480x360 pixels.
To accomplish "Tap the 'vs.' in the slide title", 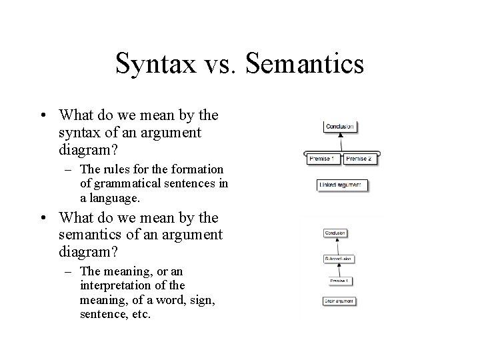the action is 226,65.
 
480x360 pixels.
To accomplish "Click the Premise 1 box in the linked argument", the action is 324,159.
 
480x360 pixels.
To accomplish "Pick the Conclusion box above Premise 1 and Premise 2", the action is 340,125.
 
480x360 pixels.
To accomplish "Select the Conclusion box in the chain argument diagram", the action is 335,233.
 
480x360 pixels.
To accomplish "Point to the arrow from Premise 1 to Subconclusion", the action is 337,269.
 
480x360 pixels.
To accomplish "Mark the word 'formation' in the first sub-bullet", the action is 200,169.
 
